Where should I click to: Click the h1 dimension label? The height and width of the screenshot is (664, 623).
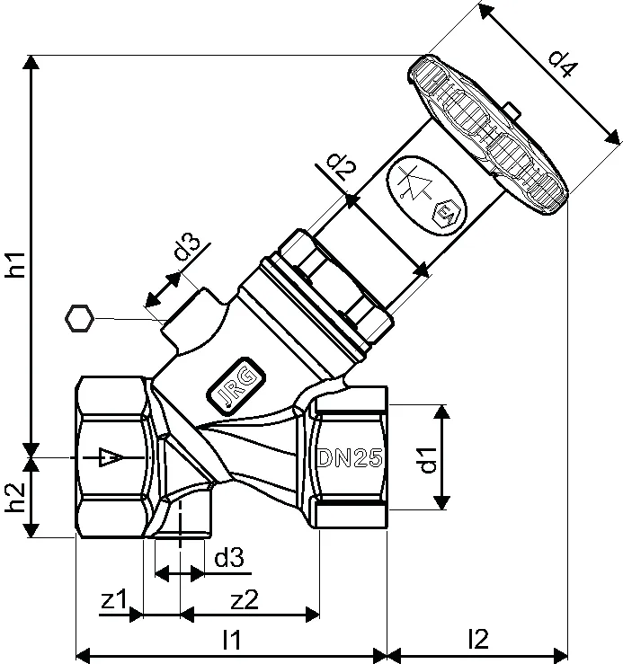15,265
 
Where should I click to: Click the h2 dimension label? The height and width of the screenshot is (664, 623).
15,497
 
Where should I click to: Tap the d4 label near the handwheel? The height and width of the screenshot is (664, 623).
563,64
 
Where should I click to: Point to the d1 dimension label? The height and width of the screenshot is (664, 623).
428,460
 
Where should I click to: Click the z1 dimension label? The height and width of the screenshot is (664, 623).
113,598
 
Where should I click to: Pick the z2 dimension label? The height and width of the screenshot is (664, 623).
245,598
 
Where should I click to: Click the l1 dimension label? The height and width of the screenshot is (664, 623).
232,639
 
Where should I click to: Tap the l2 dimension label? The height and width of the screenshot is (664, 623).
478,639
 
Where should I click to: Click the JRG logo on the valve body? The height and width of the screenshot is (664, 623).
236,385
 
